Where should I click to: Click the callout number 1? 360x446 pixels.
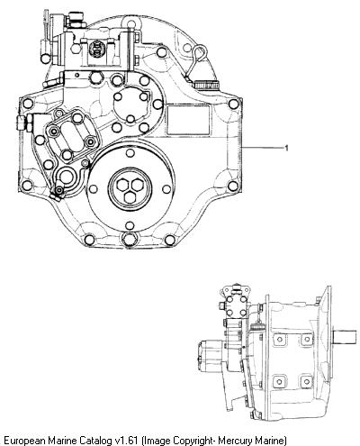coord(286,148)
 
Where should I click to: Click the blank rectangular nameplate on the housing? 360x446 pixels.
coord(188,120)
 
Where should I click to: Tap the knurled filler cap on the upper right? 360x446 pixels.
coord(206,86)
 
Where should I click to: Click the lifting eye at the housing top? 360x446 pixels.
coord(130,23)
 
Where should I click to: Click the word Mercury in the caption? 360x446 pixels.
coord(235,441)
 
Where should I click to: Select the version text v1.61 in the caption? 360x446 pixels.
coord(127,441)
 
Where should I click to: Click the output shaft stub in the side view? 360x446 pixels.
coord(345,337)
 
